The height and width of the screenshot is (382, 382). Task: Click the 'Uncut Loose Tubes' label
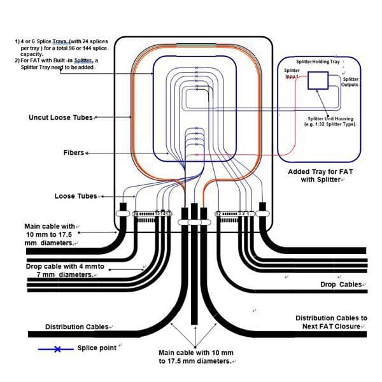[x=60, y=118]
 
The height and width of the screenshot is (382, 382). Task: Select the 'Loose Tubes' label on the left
[x=76, y=196]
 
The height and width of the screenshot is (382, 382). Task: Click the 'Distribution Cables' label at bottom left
[x=76, y=327]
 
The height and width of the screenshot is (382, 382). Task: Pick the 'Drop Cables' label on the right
[x=341, y=285]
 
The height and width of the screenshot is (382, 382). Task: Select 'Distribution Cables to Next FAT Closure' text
[x=331, y=322]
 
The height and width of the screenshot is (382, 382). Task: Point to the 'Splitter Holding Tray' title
[x=318, y=61]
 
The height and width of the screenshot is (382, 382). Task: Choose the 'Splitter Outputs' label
[x=350, y=81]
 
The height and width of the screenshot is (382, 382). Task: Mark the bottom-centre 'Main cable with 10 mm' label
[x=195, y=357]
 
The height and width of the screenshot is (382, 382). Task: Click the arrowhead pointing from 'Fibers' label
[x=86, y=153]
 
